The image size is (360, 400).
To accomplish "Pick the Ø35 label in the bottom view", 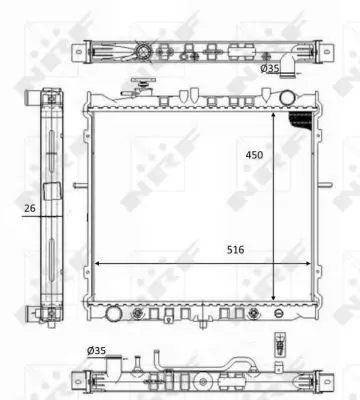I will click(97, 350).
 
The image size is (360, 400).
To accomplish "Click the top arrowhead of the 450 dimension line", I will click(273, 113).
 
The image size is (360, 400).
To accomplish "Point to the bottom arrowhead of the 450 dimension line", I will click(273, 299).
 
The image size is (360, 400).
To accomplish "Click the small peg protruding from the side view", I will click(76, 185).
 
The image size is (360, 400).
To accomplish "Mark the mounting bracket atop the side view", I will click(50, 96).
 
